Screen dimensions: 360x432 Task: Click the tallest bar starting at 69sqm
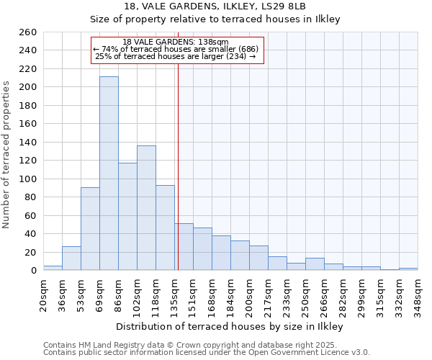click(109, 173)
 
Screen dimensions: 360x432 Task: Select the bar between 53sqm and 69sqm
click(90, 228)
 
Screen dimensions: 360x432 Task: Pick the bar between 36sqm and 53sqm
click(71, 258)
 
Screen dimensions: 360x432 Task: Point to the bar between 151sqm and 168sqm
click(202, 248)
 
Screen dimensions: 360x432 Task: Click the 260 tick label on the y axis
click(28, 32)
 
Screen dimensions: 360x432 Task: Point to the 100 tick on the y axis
click(28, 179)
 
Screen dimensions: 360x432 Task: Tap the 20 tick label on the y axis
click(31, 252)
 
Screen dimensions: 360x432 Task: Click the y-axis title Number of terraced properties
click(7, 155)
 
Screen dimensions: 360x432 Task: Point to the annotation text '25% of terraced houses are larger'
click(176, 56)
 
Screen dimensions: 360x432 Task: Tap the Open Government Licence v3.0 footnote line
click(207, 353)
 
